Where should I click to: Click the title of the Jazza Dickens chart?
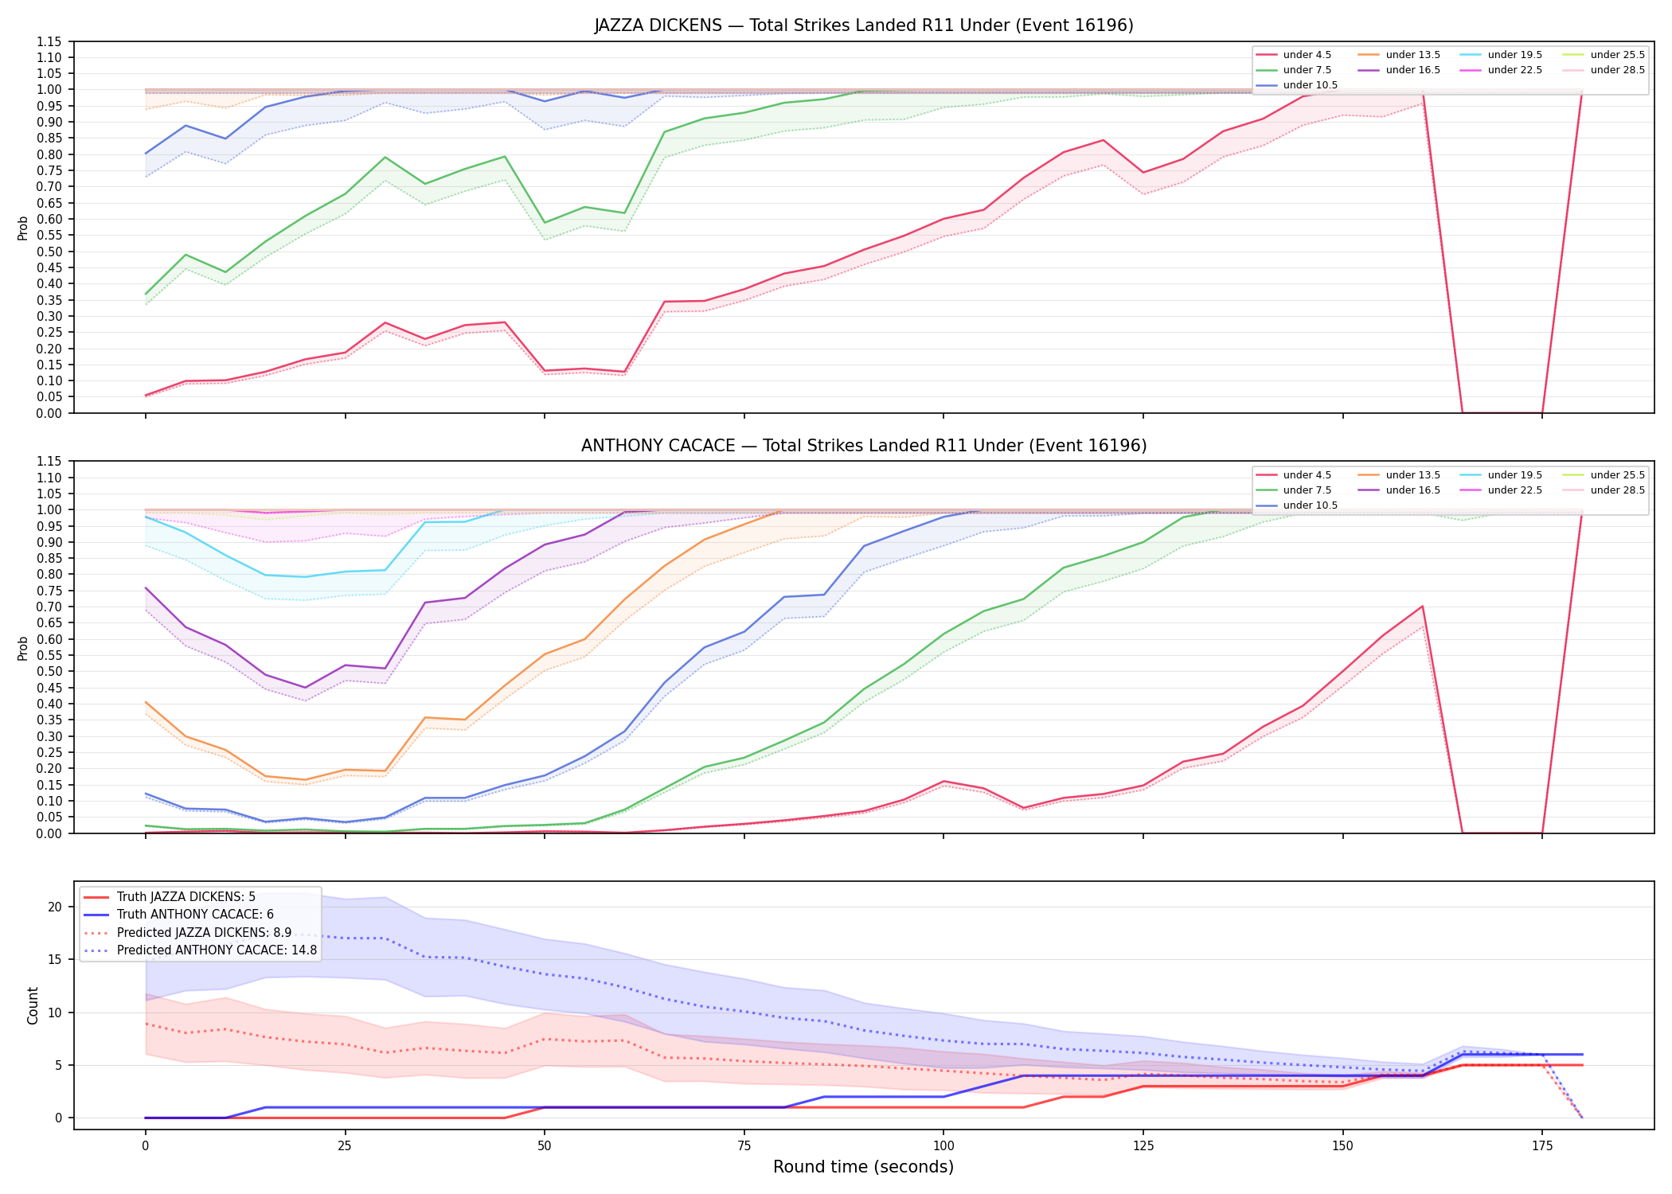tap(864, 25)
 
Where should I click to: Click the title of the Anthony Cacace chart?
tap(864, 446)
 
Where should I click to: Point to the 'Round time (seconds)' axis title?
tap(863, 1167)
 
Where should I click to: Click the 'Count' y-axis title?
tap(33, 1005)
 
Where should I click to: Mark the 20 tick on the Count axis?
tap(55, 907)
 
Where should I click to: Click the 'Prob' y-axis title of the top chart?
tap(23, 228)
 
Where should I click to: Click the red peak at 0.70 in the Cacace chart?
tap(1422, 607)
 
